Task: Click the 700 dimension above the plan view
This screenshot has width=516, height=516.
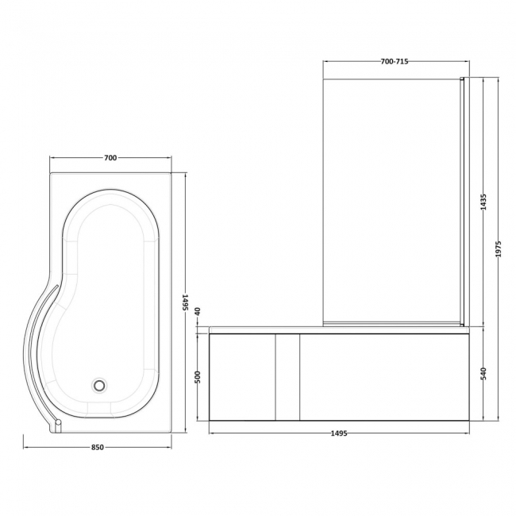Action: point(110,158)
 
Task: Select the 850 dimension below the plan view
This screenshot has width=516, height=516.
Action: point(98,447)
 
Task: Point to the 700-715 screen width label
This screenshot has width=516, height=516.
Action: point(395,62)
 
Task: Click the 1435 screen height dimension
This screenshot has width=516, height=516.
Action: point(483,203)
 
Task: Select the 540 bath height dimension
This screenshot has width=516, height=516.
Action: point(483,374)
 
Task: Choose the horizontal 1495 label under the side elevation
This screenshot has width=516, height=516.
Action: point(338,433)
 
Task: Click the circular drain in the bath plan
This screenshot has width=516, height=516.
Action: point(99,385)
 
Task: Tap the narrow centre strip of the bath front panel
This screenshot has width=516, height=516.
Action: point(286,375)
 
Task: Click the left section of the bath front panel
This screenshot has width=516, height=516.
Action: point(241,375)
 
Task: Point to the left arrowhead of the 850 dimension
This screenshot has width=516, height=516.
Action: point(25,447)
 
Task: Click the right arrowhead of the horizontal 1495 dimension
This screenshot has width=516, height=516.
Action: point(466,433)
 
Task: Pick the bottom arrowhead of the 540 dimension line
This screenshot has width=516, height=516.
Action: point(483,418)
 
